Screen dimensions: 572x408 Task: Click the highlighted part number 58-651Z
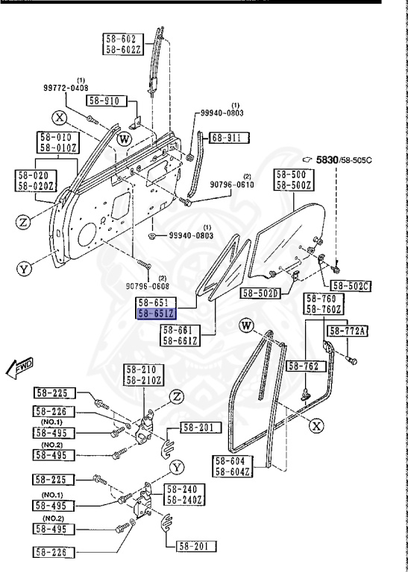[156, 314]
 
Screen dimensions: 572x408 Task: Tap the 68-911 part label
[227, 137]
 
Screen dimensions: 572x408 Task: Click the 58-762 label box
[305, 366]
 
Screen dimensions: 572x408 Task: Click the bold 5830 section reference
[326, 159]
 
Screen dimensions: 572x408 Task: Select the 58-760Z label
[324, 309]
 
